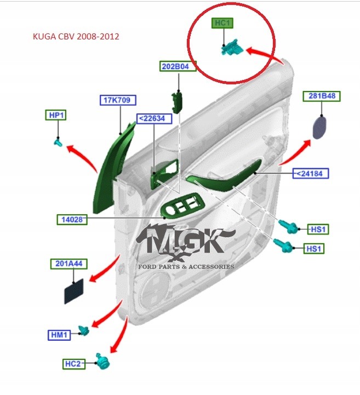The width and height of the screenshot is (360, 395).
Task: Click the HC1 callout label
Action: (222, 24)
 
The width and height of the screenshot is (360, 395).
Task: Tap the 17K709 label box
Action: (118, 100)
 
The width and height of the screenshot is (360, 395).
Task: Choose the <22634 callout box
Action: (154, 118)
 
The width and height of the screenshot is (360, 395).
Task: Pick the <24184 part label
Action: (312, 174)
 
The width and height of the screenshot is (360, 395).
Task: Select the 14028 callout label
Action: (72, 220)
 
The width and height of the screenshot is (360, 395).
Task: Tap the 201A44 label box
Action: (69, 264)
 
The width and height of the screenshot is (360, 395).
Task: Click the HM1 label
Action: (59, 334)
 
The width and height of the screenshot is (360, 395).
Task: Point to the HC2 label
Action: (73, 363)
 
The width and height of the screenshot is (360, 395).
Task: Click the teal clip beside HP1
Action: (57, 142)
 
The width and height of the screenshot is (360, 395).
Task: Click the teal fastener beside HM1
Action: (84, 330)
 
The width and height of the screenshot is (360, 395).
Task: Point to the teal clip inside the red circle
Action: (231, 48)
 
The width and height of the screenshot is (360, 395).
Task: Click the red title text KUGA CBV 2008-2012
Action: (77, 37)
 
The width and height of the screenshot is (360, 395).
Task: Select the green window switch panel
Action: (182, 207)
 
